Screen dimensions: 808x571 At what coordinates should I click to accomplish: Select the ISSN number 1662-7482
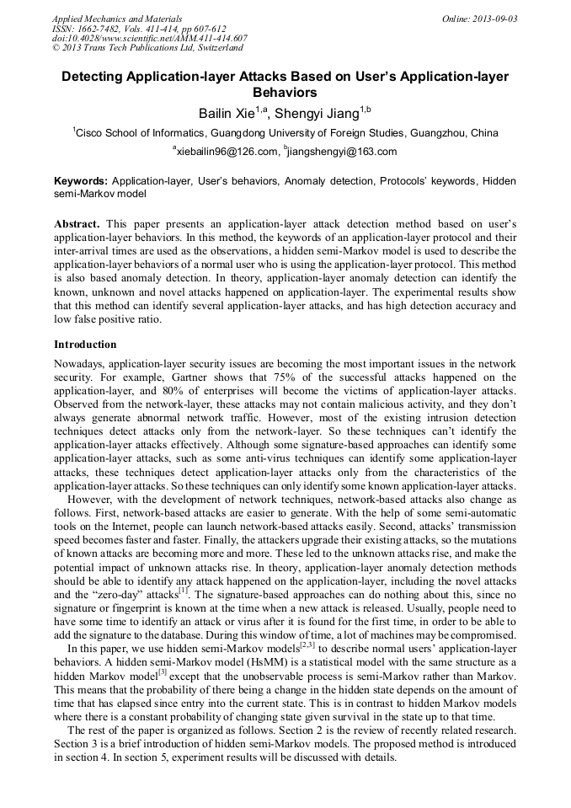(x=104, y=29)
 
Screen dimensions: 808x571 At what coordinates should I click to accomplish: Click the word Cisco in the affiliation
(x=91, y=133)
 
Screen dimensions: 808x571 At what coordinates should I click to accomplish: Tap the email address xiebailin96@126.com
(x=226, y=152)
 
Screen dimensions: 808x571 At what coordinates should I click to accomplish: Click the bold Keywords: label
(x=81, y=181)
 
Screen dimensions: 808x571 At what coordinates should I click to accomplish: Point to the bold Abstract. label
(x=77, y=224)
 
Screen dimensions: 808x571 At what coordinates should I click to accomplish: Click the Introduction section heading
(x=85, y=345)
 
